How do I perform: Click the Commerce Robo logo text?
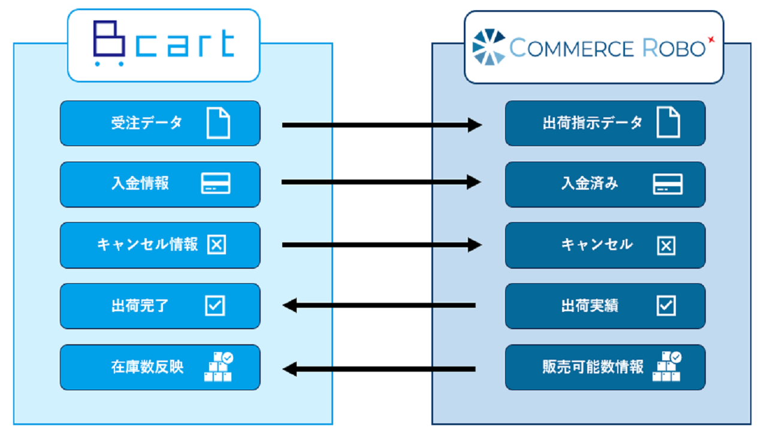point(607,48)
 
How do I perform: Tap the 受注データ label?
point(147,123)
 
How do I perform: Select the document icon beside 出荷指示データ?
point(668,122)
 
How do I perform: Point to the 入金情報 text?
point(140,183)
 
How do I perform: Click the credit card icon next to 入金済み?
point(668,184)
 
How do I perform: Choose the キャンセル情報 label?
point(147,245)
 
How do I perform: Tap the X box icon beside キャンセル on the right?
point(666,245)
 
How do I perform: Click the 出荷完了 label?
point(140,305)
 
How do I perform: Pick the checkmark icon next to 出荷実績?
point(666,305)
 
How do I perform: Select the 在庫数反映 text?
point(147,367)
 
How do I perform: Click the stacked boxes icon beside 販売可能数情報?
point(667,366)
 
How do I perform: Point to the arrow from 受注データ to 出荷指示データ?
point(382,125)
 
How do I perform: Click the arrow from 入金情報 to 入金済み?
point(382,182)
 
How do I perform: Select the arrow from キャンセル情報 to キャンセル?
point(382,245)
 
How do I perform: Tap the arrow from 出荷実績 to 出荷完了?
point(379,305)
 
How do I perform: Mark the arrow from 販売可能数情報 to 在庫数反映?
point(379,369)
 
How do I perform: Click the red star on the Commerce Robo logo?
point(711,40)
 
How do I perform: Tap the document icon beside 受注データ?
point(218,123)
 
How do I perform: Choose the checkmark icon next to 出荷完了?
point(215,305)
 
